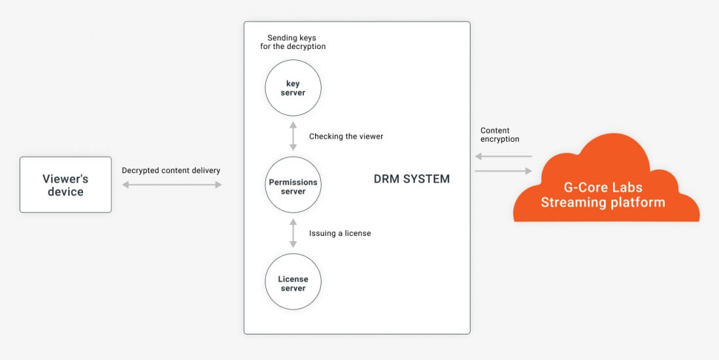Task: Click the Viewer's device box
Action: (65, 185)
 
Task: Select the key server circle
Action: (293, 88)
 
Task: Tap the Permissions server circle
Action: (293, 185)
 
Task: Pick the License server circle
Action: (293, 282)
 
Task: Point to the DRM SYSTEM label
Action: (412, 179)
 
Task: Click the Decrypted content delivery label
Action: (171, 171)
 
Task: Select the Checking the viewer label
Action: (346, 137)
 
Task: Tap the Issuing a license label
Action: (340, 233)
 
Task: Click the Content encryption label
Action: (500, 135)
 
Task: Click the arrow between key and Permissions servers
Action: (293, 136)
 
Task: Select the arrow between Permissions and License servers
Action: (293, 233)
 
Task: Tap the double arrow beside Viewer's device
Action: (173, 185)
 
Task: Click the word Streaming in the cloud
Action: (572, 203)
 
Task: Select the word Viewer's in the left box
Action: (65, 178)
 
